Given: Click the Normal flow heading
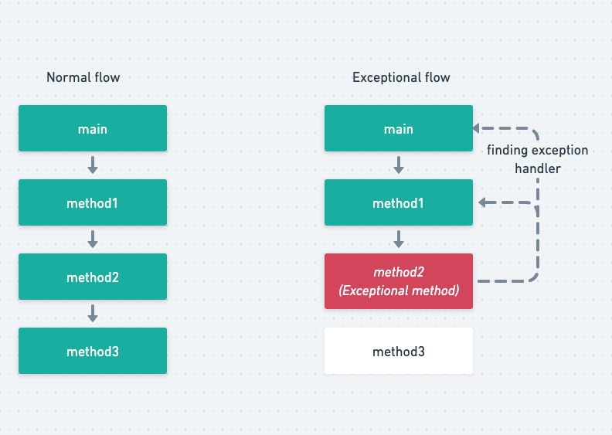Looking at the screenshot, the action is point(83,77).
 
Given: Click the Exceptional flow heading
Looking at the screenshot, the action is point(401,77).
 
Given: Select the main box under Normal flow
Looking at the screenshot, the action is point(93,128).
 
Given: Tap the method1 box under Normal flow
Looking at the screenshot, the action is point(93,202).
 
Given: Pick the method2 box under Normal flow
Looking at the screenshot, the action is point(93,277).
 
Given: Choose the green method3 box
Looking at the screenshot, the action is point(93,351).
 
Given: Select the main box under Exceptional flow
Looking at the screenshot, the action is point(399,128).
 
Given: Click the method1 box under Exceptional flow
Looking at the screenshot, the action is point(399,202).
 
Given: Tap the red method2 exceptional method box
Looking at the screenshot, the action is point(399,281).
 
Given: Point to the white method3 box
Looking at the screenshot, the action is point(399,351).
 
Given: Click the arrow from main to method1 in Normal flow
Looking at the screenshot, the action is point(93,165).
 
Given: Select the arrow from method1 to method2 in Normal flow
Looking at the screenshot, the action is point(93,240).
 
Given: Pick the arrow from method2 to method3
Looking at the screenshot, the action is point(93,313).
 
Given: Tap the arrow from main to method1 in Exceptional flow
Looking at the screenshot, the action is point(399,165).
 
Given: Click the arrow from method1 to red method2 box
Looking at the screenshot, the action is point(399,240).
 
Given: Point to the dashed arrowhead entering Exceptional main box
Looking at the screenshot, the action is point(476,128).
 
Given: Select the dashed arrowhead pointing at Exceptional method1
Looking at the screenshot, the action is point(482,202).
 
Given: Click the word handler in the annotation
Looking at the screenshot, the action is point(538,168).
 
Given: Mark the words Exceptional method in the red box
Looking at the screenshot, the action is point(399,291).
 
